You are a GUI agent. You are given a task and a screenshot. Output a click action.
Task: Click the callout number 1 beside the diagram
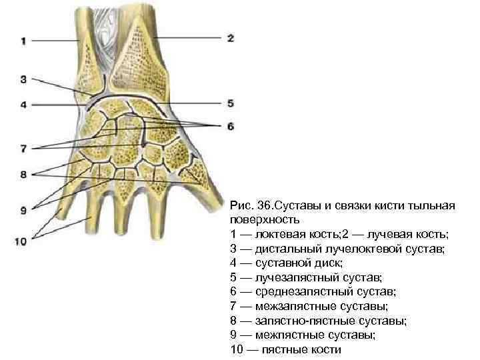23,41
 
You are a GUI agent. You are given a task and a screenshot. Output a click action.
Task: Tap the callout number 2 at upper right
230,38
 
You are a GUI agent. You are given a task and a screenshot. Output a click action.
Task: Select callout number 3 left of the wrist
23,79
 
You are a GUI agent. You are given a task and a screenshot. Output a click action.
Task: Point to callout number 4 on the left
23,104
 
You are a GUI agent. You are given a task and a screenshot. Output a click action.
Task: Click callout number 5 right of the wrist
230,103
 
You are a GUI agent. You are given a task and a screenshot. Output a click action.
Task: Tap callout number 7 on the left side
23,147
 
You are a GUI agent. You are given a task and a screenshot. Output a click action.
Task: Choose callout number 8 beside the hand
23,175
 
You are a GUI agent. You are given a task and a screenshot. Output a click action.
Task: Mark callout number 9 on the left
23,211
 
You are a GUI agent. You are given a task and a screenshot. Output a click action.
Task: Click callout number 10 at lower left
21,241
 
